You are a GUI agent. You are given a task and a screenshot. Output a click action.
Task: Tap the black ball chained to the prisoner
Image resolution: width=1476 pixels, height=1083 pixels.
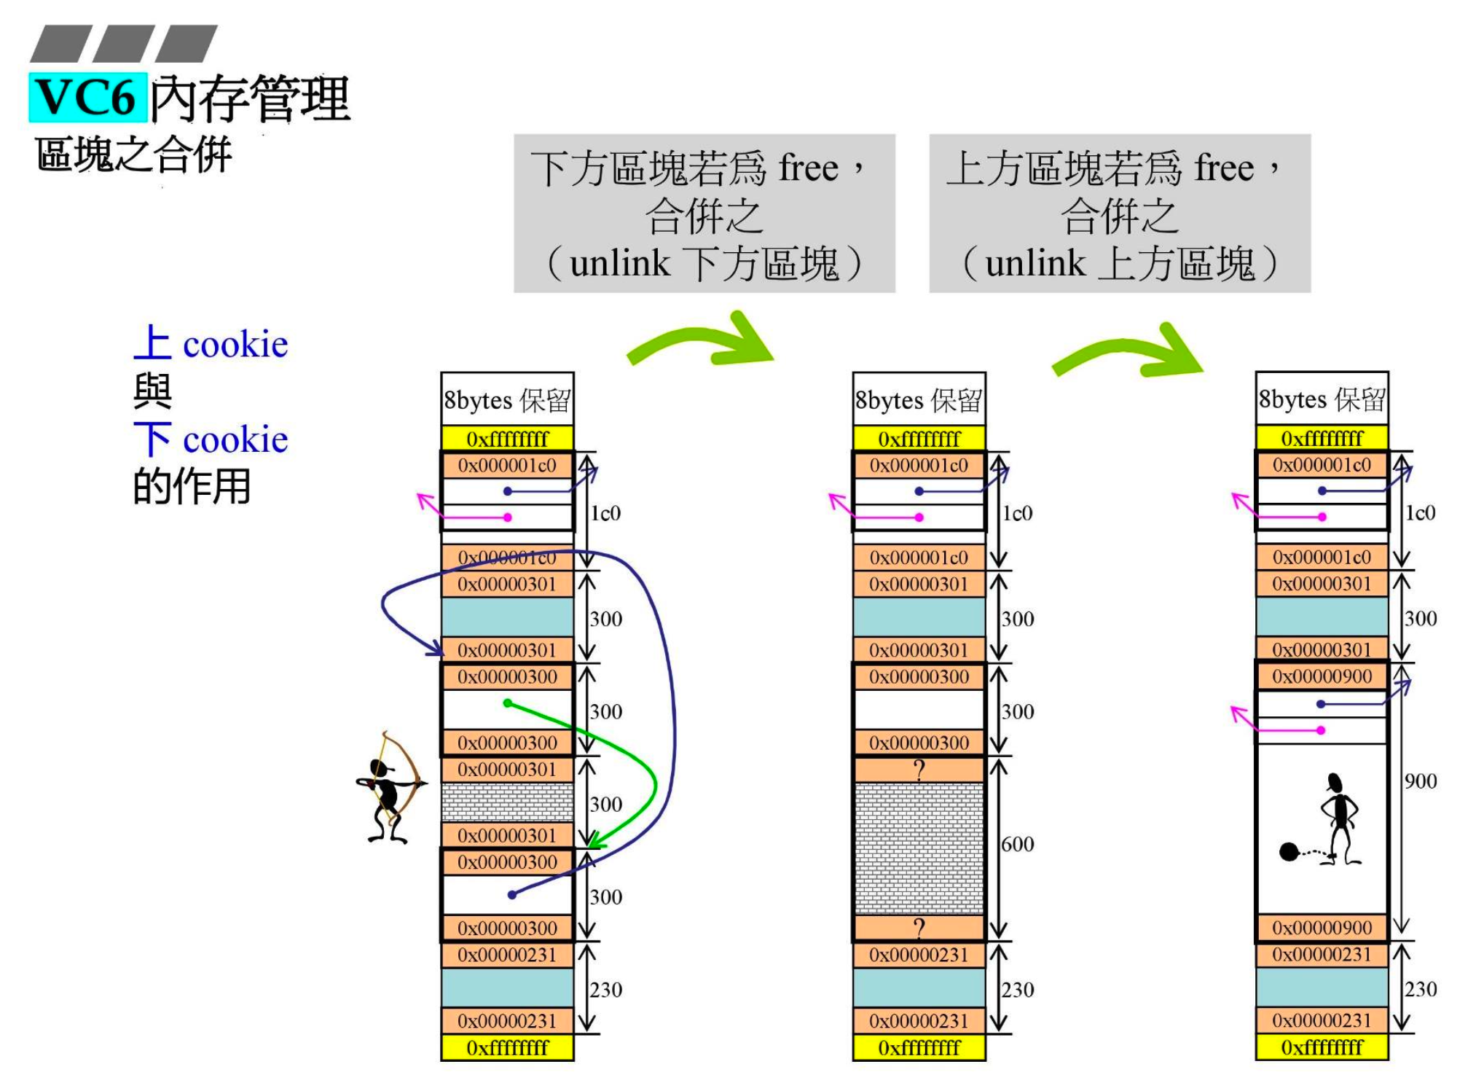coord(1289,851)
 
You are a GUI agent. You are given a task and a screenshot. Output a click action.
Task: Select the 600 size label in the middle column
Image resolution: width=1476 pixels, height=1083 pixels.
coord(1018,844)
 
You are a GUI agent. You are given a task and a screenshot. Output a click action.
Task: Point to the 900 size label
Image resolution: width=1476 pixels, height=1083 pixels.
coord(1421,781)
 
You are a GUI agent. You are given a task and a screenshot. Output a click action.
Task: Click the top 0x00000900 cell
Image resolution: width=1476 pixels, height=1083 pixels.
coord(1322,676)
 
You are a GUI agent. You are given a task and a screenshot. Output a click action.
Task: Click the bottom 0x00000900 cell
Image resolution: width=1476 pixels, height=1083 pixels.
coord(1322,928)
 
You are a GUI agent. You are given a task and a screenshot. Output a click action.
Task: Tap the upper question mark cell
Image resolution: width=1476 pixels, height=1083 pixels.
coord(919,770)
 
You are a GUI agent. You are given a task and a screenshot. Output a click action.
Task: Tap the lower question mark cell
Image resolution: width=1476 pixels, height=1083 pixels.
coord(919,928)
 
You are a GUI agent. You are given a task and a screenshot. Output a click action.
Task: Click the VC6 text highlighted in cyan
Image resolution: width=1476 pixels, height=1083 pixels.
coord(87,97)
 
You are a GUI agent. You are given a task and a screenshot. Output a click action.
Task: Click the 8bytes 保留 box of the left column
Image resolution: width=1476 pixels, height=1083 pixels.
coord(507,399)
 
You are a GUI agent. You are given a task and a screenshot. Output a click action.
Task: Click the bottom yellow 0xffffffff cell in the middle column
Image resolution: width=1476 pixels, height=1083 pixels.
coord(919,1048)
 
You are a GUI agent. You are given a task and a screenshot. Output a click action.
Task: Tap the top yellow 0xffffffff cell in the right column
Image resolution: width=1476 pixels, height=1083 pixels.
coord(1322,439)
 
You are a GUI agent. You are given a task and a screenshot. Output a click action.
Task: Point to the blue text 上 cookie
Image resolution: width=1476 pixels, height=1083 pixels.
coord(211,343)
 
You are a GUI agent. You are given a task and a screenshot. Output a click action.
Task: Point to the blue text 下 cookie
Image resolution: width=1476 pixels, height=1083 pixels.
coord(211,439)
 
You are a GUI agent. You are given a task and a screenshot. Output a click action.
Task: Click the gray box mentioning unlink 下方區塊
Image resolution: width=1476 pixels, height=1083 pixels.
coord(704,214)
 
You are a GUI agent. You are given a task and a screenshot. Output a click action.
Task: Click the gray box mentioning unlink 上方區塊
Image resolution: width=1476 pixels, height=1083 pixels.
coord(1119,214)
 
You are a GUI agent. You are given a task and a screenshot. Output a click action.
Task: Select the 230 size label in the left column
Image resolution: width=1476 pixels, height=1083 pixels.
coord(605,990)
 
